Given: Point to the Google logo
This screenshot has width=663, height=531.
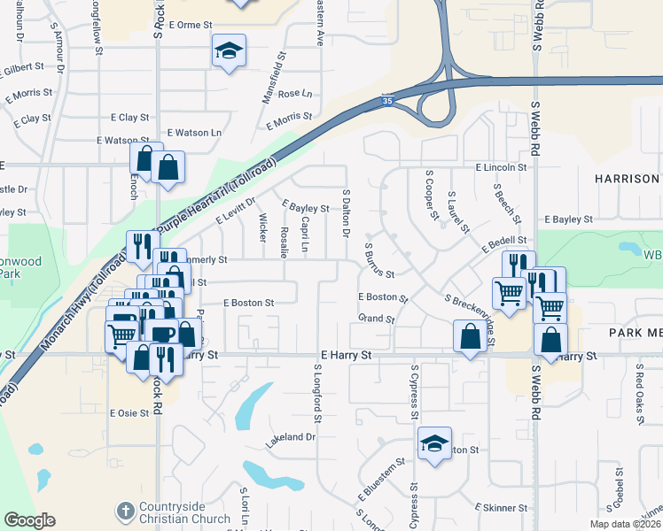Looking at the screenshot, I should [x=29, y=520].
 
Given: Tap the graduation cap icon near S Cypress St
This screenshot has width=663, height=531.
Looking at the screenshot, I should [x=435, y=442].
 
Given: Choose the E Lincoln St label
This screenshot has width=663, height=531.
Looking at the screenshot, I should [x=501, y=166].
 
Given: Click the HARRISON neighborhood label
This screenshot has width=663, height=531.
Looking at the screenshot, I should [x=628, y=178].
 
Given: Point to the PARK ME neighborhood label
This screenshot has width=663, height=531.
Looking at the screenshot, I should [x=636, y=332].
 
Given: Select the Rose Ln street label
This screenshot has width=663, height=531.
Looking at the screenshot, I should [x=295, y=93].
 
